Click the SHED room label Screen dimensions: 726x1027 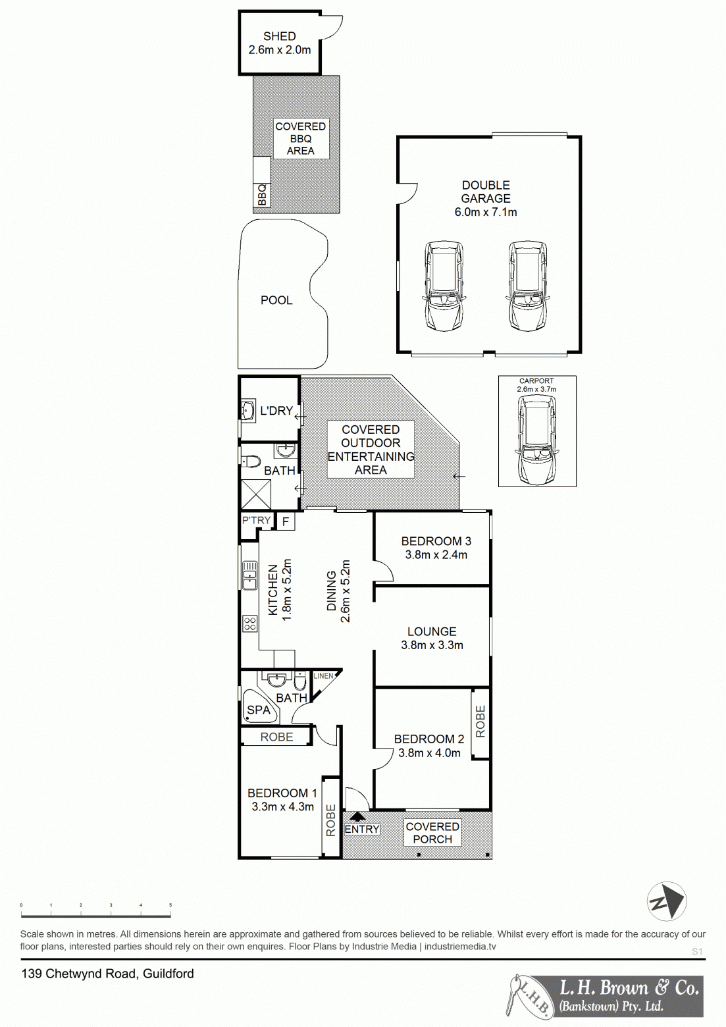279,36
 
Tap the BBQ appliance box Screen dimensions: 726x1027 262,195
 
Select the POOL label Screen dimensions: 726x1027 276,300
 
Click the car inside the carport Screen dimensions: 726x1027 536,440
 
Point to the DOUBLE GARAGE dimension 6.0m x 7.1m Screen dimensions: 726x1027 486,212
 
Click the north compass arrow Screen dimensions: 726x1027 666,901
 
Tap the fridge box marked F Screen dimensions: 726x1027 286,522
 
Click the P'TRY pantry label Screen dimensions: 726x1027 256,520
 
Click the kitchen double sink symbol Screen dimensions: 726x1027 249,575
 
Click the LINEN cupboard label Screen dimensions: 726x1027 323,676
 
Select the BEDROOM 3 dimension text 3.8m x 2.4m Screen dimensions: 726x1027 436,555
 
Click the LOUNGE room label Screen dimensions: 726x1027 432,631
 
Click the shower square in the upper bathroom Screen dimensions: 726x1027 256,494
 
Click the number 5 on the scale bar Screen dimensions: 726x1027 170,905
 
